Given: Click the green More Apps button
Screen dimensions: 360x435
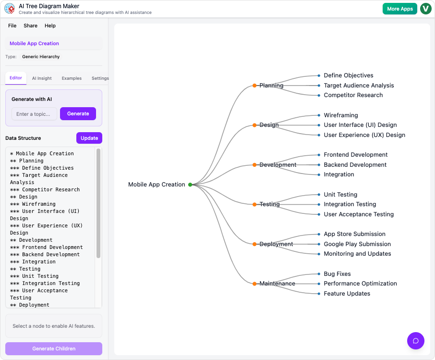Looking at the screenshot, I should coord(399,9).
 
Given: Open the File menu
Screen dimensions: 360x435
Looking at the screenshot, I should coord(12,25).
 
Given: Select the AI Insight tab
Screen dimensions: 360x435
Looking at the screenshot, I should coord(42,78).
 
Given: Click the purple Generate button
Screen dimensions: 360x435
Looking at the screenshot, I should coord(78,114).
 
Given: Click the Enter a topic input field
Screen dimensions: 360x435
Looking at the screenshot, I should coord(34,114).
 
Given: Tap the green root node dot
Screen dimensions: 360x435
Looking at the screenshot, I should coord(190,185).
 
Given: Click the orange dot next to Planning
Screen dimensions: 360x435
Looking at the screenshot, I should coord(254,86).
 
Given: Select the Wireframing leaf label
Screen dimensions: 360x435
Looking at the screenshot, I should coord(340,115).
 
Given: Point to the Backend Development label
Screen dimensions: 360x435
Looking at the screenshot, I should coord(355,165).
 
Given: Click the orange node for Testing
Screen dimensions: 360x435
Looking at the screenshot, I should coord(254,204).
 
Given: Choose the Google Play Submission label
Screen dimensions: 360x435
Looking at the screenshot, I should coord(357,244).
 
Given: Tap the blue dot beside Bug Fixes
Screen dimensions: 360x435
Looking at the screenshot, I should coord(319,274).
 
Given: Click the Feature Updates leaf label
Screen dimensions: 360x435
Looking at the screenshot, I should coord(347,294).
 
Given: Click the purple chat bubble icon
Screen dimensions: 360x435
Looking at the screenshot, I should coord(416,341).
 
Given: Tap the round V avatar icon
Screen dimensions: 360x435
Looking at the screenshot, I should coord(425,9).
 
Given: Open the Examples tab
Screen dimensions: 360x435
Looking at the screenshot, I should coord(72,78).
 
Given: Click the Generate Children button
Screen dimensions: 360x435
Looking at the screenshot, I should coord(54,348).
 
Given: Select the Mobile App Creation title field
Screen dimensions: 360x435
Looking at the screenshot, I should coord(54,43).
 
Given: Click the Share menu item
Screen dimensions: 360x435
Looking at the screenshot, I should coord(30,25).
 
